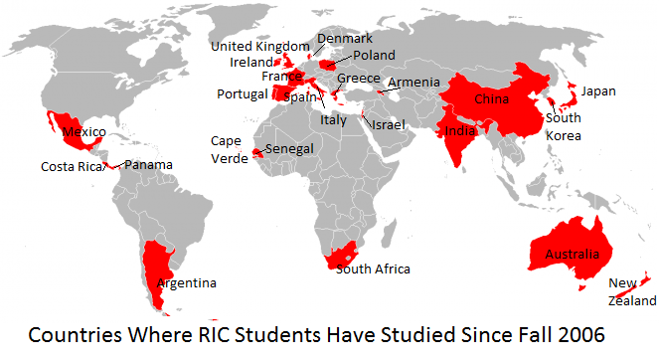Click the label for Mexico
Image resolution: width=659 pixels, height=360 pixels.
click(x=84, y=131)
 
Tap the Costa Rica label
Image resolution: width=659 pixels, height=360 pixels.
click(x=72, y=166)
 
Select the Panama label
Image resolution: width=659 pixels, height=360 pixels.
click(x=148, y=165)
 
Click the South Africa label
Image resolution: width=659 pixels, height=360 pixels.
click(x=373, y=269)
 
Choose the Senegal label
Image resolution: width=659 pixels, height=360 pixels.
click(x=290, y=148)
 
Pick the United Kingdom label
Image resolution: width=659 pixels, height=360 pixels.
click(x=260, y=46)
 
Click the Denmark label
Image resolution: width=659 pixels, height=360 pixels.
click(x=345, y=39)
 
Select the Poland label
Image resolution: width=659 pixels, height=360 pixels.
click(x=374, y=55)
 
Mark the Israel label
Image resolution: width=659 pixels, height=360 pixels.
click(x=387, y=125)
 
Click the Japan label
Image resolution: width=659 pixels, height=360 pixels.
click(x=598, y=91)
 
